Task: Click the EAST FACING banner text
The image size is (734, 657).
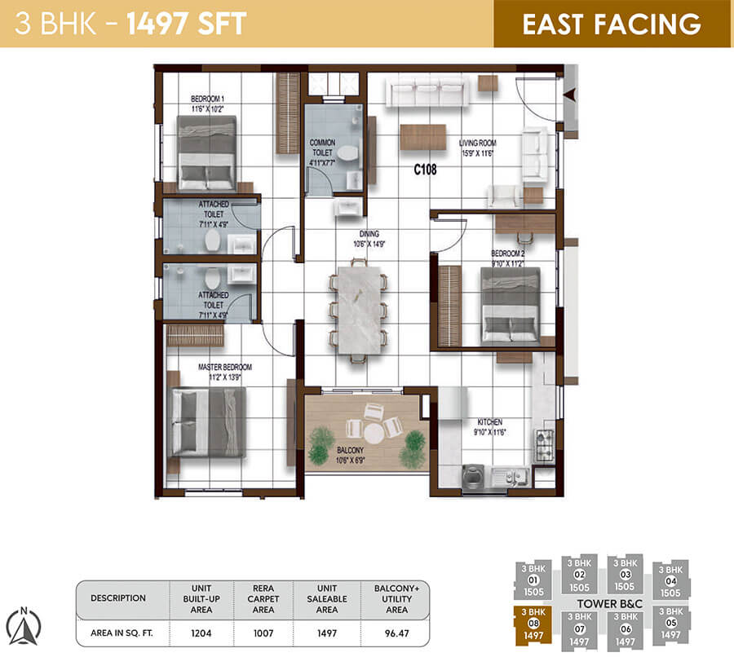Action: coord(612,24)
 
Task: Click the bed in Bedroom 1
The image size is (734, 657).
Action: coord(206,152)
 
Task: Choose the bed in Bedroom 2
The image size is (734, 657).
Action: coord(510,306)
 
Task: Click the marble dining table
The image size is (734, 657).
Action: coord(356,310)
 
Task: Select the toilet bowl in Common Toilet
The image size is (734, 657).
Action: coord(347,152)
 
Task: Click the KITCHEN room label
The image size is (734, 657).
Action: coord(489,422)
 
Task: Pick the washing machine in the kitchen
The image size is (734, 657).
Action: coord(473,478)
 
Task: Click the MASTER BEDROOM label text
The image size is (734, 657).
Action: coord(225,367)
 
